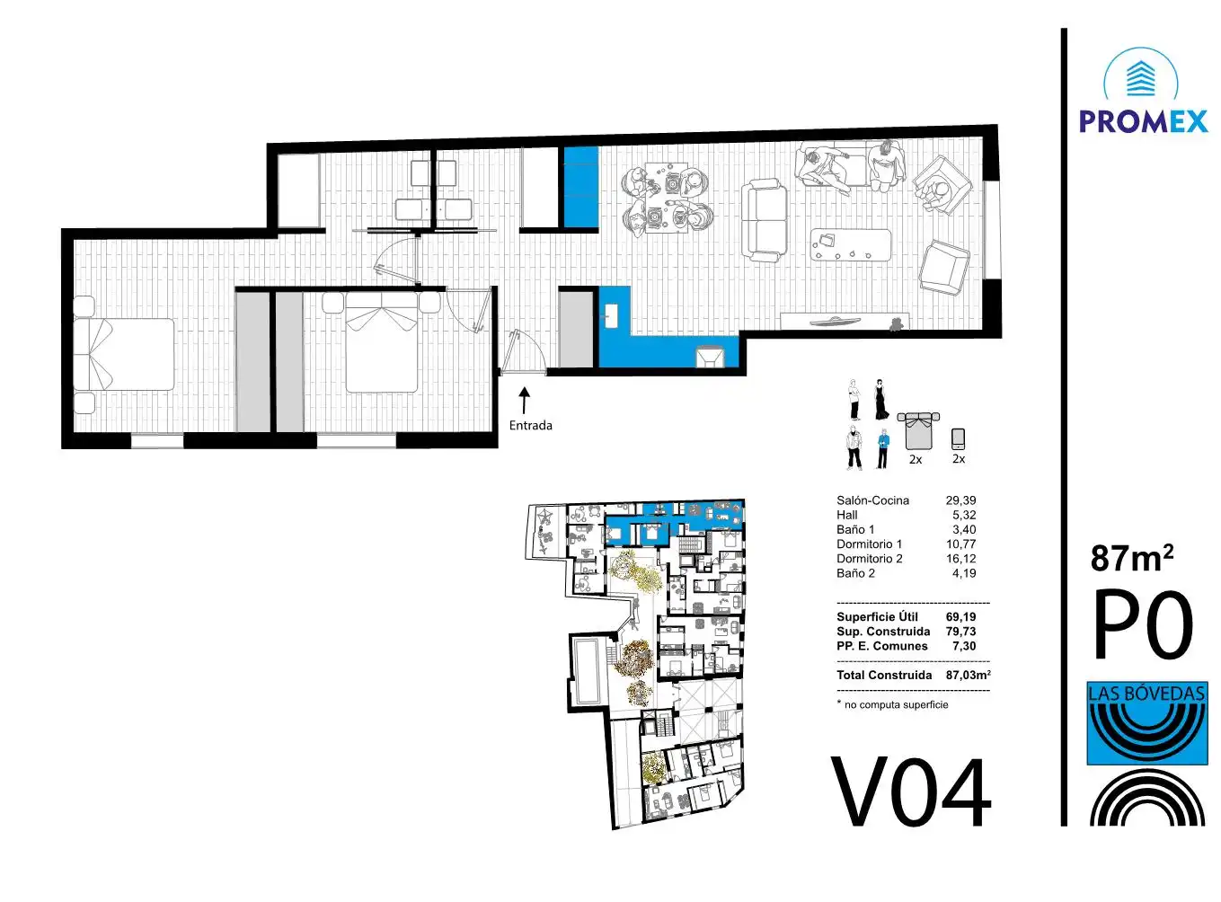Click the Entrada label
tap(530, 425)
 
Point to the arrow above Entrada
tap(525, 400)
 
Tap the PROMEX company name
tap(1144, 121)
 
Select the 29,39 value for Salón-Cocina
tap(960, 500)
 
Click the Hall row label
tap(846, 515)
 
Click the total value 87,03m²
tap(969, 675)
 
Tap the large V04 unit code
tap(911, 793)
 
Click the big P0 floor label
tap(1143, 623)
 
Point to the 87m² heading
tap(1132, 559)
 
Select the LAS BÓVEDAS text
tap(1146, 693)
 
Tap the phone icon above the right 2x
tap(959, 439)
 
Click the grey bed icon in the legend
tap(918, 431)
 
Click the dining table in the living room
tap(666, 198)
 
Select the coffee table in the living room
tap(851, 245)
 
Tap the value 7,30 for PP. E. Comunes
tap(964, 646)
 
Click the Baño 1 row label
tap(855, 529)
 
